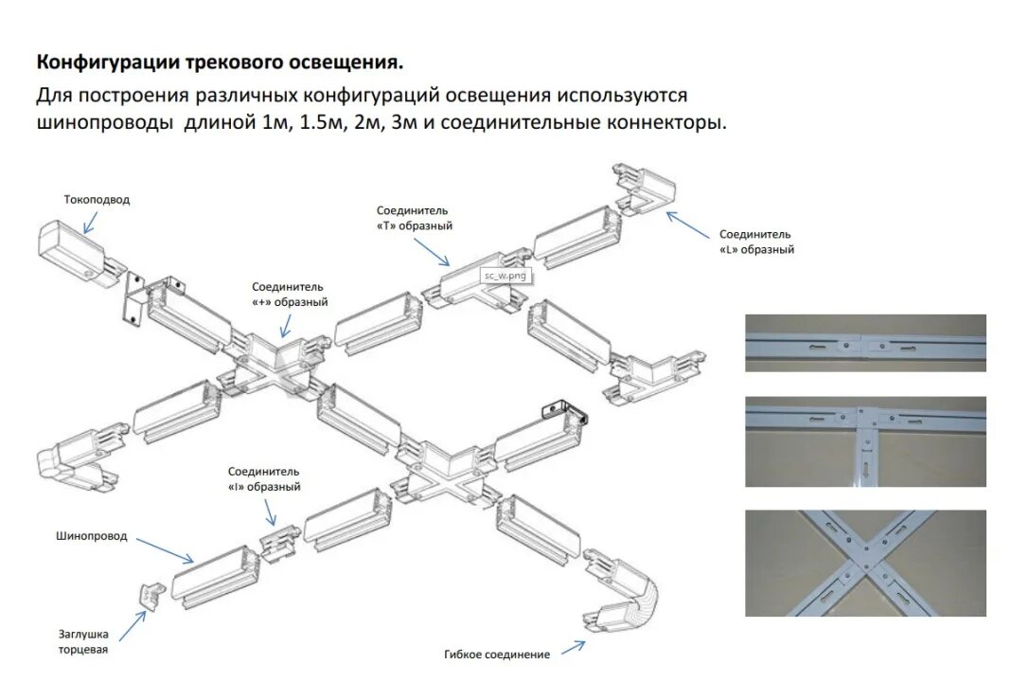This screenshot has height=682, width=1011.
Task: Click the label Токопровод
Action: tap(97, 200)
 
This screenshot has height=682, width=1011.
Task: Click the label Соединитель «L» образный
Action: tap(756, 242)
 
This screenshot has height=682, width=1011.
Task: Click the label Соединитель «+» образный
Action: tap(290, 294)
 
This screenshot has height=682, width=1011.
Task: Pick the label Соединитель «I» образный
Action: tap(264, 478)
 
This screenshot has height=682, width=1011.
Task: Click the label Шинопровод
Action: tap(91, 536)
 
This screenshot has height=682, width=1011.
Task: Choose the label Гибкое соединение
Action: tap(496, 655)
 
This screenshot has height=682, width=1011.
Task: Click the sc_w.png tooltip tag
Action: tap(504, 275)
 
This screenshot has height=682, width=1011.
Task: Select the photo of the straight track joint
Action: tap(865, 343)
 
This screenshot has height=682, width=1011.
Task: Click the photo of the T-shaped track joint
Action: tap(865, 440)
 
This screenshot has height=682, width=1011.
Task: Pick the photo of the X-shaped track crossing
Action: tap(865, 564)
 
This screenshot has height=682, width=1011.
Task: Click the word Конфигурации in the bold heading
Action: tap(103, 63)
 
